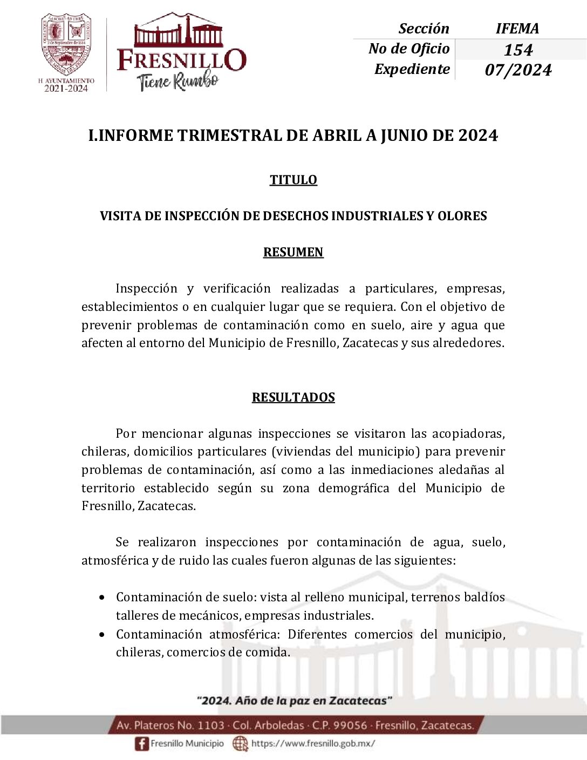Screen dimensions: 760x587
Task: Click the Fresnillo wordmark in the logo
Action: point(181,59)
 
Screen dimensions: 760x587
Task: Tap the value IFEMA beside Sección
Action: point(517,29)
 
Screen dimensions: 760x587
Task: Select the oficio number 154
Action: point(518,50)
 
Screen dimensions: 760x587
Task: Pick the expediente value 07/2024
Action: point(518,70)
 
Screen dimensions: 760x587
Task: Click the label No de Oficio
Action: point(408,49)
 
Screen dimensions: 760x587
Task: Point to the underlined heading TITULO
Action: point(293,180)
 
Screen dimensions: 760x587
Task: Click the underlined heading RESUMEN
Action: point(293,252)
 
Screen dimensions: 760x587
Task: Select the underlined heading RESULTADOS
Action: point(293,397)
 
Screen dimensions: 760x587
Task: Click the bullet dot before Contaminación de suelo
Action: point(102,598)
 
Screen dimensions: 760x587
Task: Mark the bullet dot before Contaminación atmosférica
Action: point(102,635)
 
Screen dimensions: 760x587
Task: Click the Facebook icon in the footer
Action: point(141,744)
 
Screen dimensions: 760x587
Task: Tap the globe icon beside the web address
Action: point(240,744)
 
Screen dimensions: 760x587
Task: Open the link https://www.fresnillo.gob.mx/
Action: point(313,744)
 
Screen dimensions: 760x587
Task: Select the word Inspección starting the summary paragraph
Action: point(146,289)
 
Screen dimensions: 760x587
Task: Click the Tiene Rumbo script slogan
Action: point(178,81)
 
